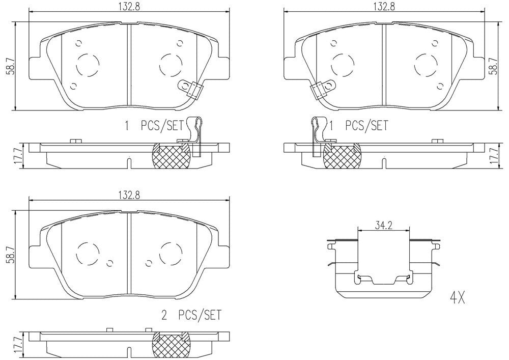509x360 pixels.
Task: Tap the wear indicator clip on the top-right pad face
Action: (319, 90)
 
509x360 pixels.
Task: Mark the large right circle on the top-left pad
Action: (170, 64)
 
